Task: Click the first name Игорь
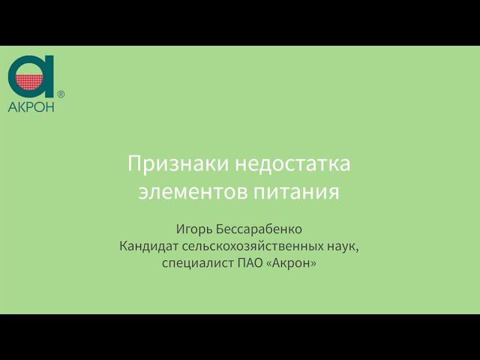tap(192, 228)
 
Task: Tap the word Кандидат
tap(148, 246)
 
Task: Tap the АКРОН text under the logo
tap(31, 106)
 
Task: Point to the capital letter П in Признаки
tap(135, 163)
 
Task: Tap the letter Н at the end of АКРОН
tap(50, 106)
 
